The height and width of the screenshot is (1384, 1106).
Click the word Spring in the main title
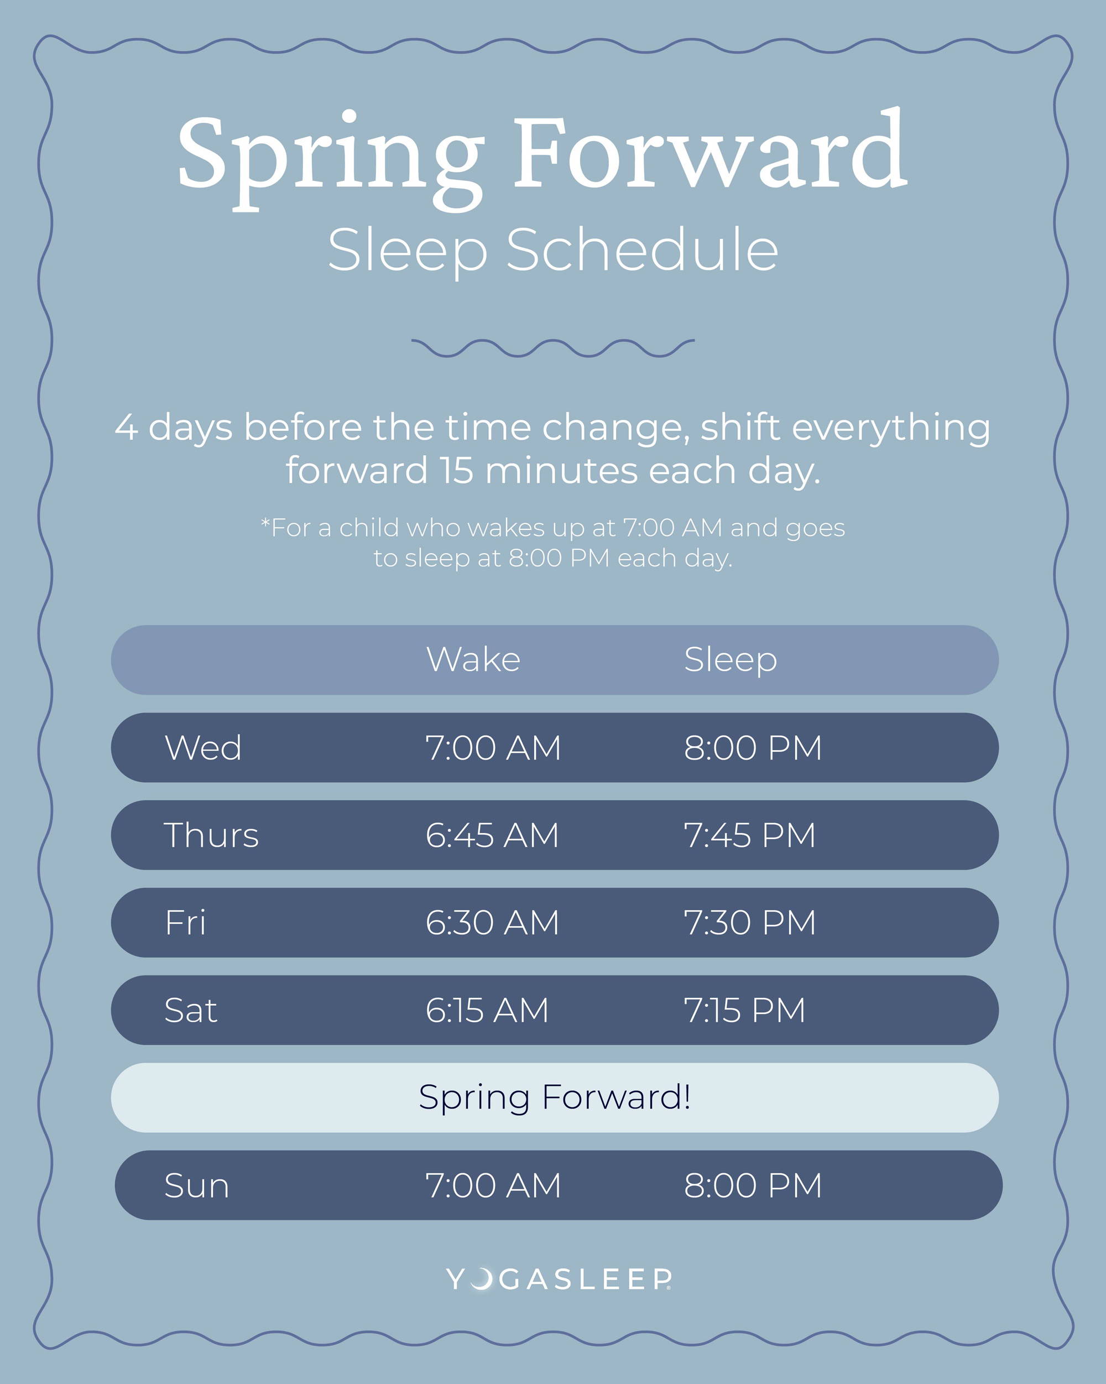point(331,160)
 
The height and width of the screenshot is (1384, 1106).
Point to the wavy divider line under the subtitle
point(552,347)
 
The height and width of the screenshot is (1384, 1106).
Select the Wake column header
point(473,659)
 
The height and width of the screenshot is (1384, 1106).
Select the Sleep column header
point(731,660)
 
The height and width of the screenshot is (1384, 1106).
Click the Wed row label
point(203,747)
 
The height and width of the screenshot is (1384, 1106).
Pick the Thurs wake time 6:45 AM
point(492,835)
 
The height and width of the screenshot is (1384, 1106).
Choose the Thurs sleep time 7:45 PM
point(749,835)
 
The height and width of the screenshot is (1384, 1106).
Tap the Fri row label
point(185,923)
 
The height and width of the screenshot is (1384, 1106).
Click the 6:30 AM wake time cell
point(492,923)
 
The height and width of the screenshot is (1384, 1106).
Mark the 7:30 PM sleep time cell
point(750,923)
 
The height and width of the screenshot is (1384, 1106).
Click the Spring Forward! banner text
point(555,1097)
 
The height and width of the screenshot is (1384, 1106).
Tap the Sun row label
point(196,1185)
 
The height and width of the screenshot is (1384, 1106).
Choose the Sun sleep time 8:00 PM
point(752,1185)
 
